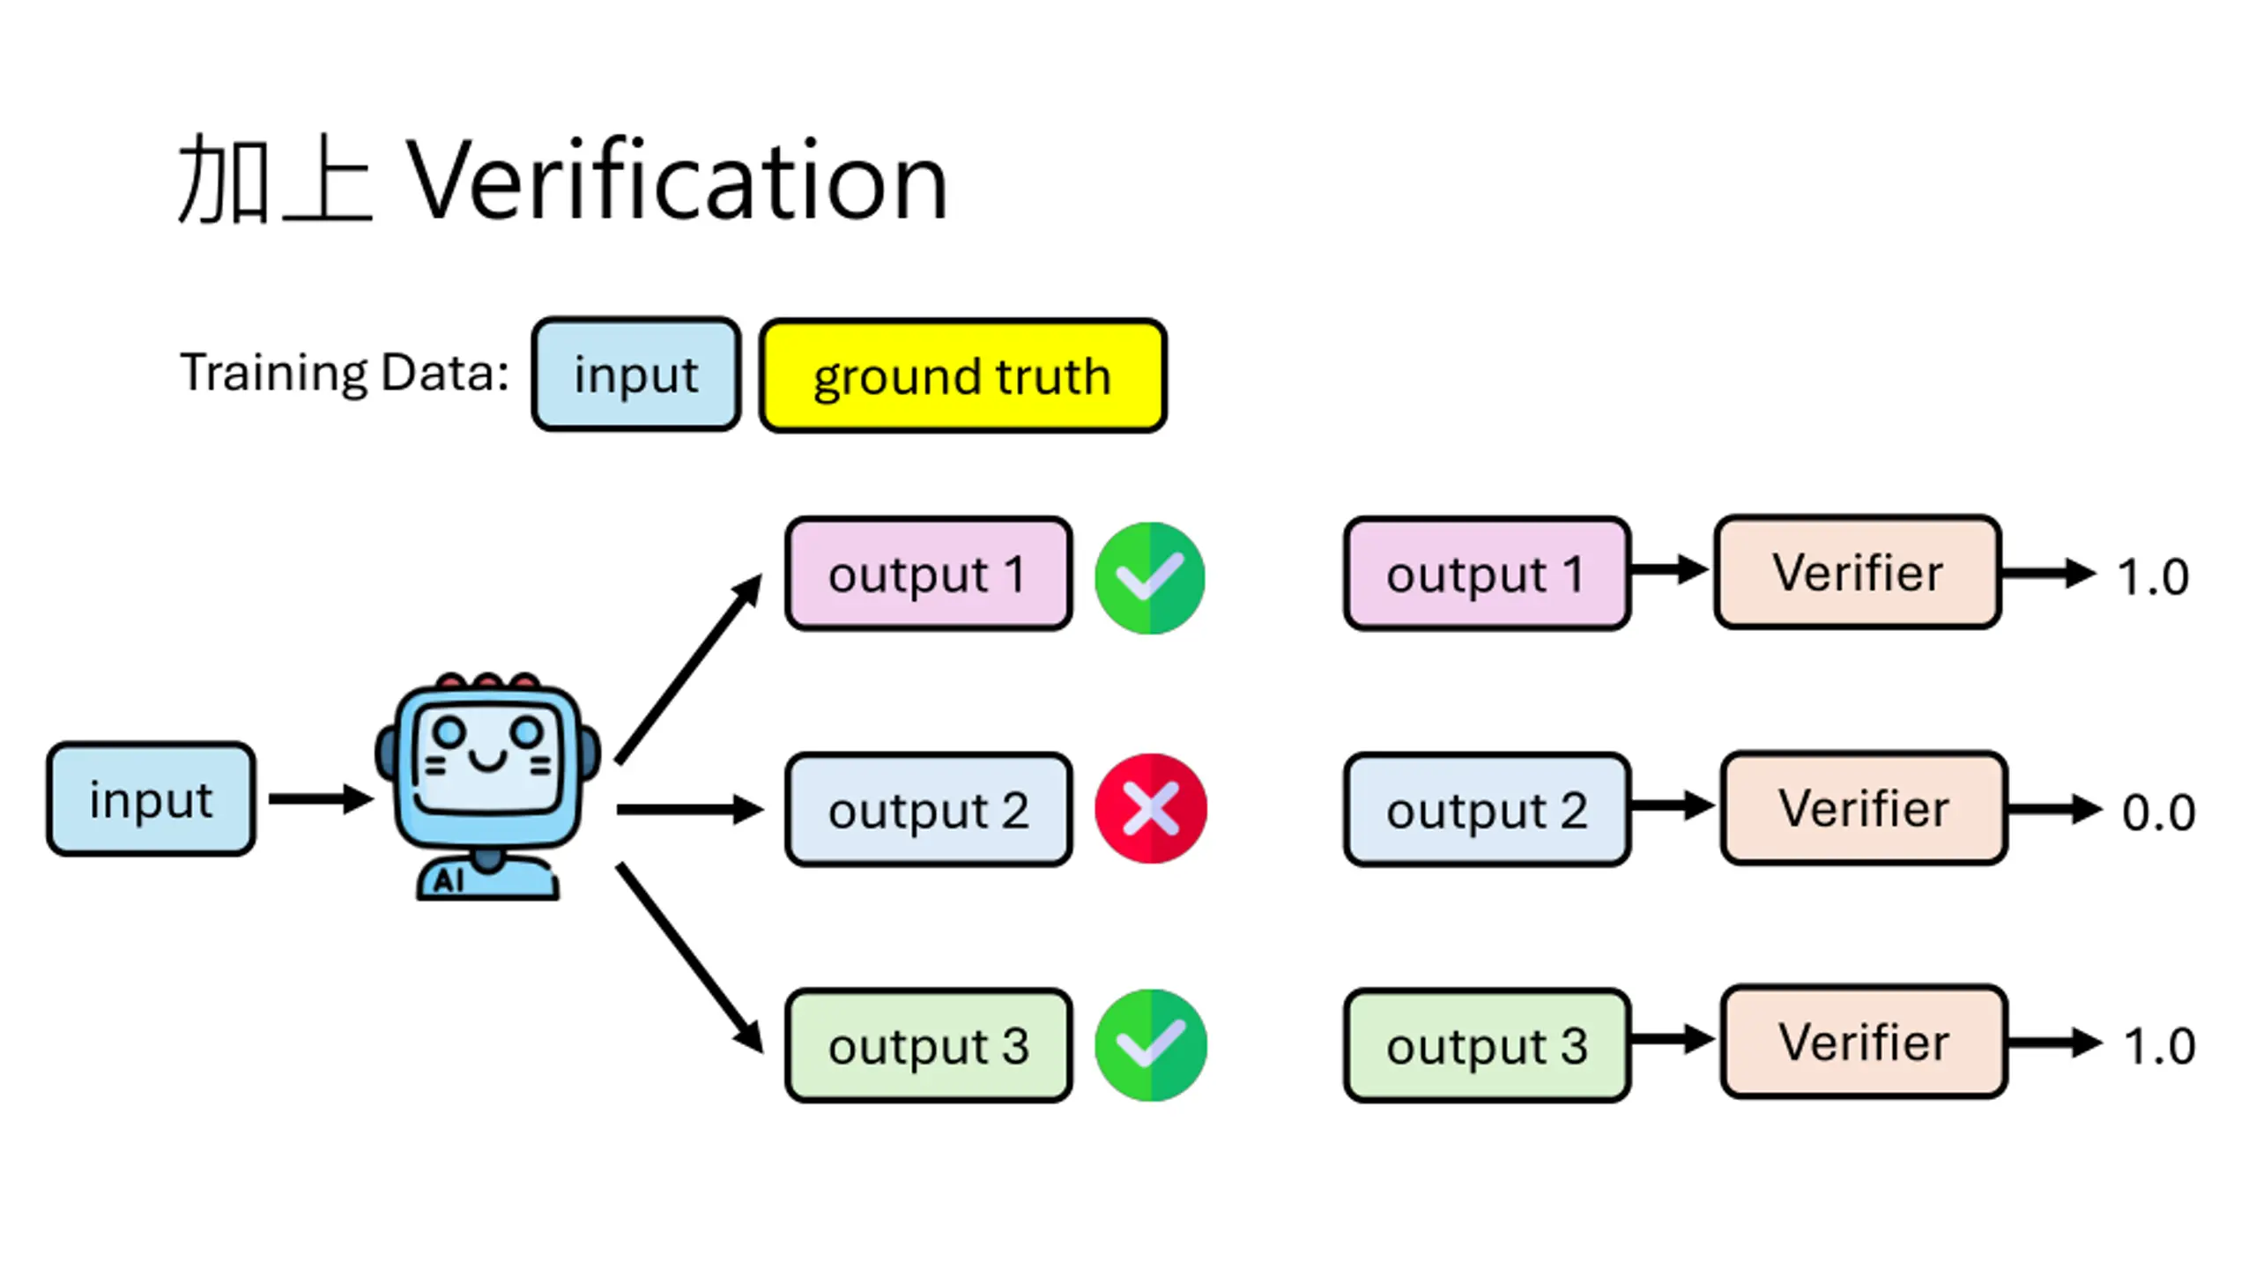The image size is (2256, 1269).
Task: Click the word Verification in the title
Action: pos(677,181)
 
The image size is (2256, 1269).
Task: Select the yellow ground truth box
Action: pos(963,375)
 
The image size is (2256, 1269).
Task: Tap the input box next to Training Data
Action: pos(635,375)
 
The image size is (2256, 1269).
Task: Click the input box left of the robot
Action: pos(151,799)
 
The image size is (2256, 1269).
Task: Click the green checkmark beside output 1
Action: pos(1150,577)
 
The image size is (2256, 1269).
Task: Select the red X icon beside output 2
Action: pos(1150,808)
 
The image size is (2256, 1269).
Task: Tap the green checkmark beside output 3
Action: pos(1150,1045)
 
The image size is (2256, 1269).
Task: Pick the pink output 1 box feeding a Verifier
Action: pos(1487,574)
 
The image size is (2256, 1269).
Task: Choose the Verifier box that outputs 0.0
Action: pos(1864,808)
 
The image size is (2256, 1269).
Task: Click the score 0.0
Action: pos(2158,813)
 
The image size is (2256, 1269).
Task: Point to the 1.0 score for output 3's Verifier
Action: pos(2159,1047)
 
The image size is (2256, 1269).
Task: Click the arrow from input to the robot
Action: pos(321,799)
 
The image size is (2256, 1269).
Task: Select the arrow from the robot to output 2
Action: pos(690,809)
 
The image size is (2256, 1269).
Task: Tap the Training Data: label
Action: pos(345,373)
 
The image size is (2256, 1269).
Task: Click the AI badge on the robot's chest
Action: pos(449,880)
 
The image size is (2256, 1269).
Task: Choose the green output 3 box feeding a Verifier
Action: pos(1487,1045)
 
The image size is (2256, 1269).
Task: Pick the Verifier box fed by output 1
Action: pos(1858,572)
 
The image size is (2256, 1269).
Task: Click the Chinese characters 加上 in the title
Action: pos(275,181)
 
